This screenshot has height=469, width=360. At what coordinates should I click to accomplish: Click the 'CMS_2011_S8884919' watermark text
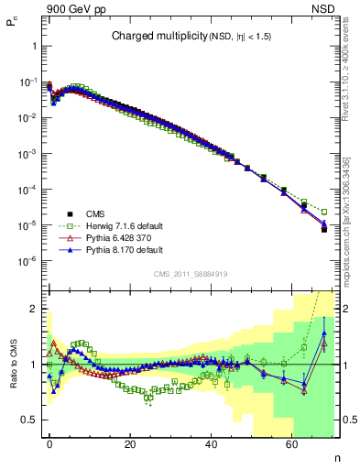tap(191, 273)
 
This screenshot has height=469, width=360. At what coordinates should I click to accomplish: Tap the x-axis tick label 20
tap(131, 444)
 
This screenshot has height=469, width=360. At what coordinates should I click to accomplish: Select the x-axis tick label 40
tap(212, 444)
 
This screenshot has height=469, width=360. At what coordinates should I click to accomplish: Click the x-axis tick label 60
tap(292, 444)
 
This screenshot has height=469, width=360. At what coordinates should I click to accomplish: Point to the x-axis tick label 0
tap(49, 444)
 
